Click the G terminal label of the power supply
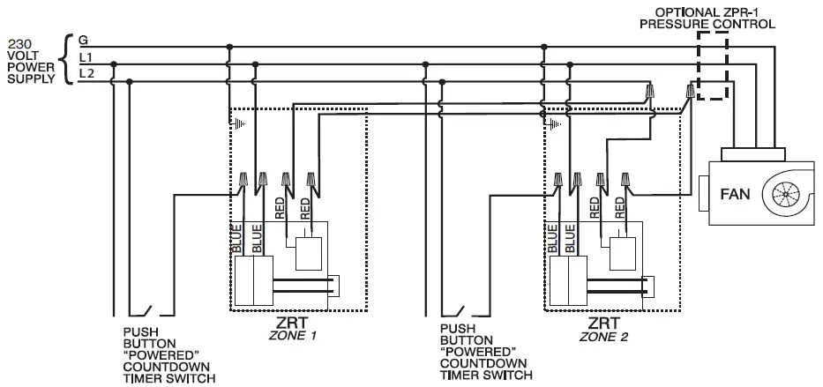click(82, 40)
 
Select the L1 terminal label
click(85, 58)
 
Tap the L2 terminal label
click(85, 74)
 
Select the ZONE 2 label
click(604, 336)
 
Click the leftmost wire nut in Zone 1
click(243, 183)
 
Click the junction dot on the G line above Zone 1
click(229, 44)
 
